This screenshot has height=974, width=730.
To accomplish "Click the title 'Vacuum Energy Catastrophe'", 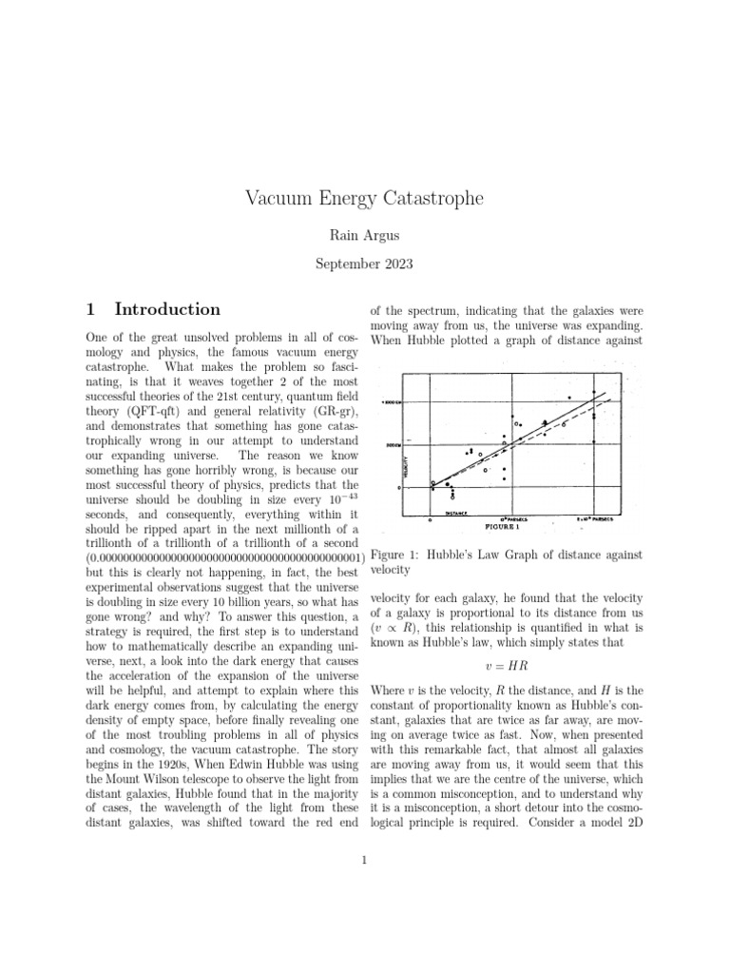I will pos(364,199).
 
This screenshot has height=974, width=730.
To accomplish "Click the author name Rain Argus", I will pos(364,235).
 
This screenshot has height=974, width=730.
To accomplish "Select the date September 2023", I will pos(364,265).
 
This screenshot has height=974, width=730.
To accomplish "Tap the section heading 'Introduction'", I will pos(167,309).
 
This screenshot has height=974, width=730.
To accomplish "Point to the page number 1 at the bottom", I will pos(364,862).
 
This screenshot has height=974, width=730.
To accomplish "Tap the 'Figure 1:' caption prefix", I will pos(399,555).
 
